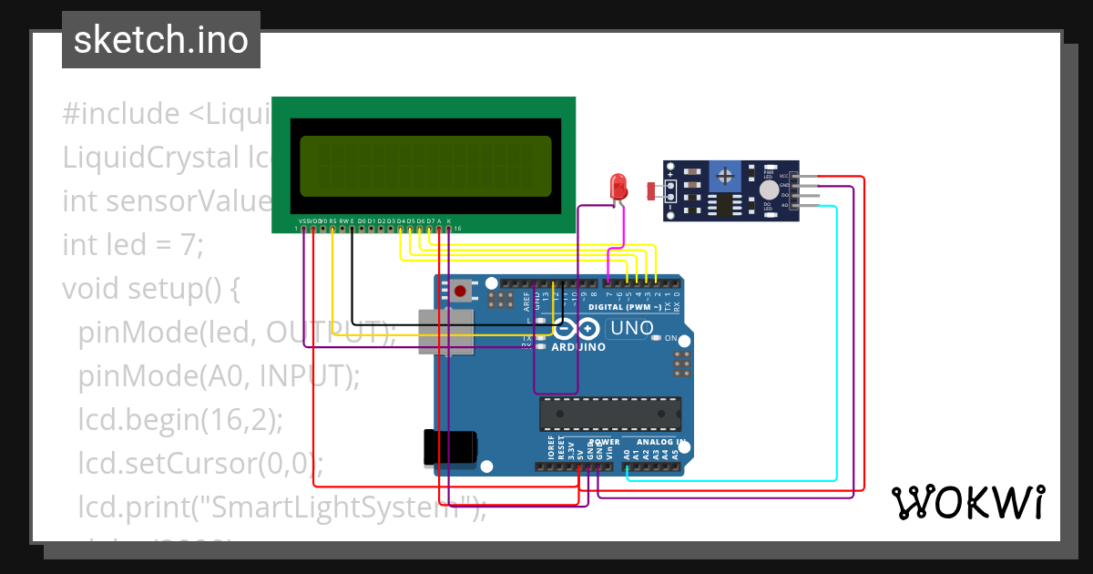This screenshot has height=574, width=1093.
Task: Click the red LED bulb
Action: coord(618,186)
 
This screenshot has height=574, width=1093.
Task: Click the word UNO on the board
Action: coord(632,328)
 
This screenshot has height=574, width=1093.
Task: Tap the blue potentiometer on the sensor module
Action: coord(726,174)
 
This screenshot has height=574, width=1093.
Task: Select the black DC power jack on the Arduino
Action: coord(450,446)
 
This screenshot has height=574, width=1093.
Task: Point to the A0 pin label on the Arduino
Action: coord(627,452)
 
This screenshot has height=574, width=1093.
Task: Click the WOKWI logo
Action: coord(967,502)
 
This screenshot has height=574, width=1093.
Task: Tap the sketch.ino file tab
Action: coord(161,40)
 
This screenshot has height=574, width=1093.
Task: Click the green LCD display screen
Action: coord(425,166)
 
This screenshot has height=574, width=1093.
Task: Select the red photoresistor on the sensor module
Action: coord(652,190)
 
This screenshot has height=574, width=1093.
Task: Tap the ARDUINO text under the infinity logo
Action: coord(579,347)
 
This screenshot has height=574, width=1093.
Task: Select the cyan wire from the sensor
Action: coord(835,364)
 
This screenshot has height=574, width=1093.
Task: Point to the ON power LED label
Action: coord(671,339)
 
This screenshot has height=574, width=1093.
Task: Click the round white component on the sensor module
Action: coord(769,189)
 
